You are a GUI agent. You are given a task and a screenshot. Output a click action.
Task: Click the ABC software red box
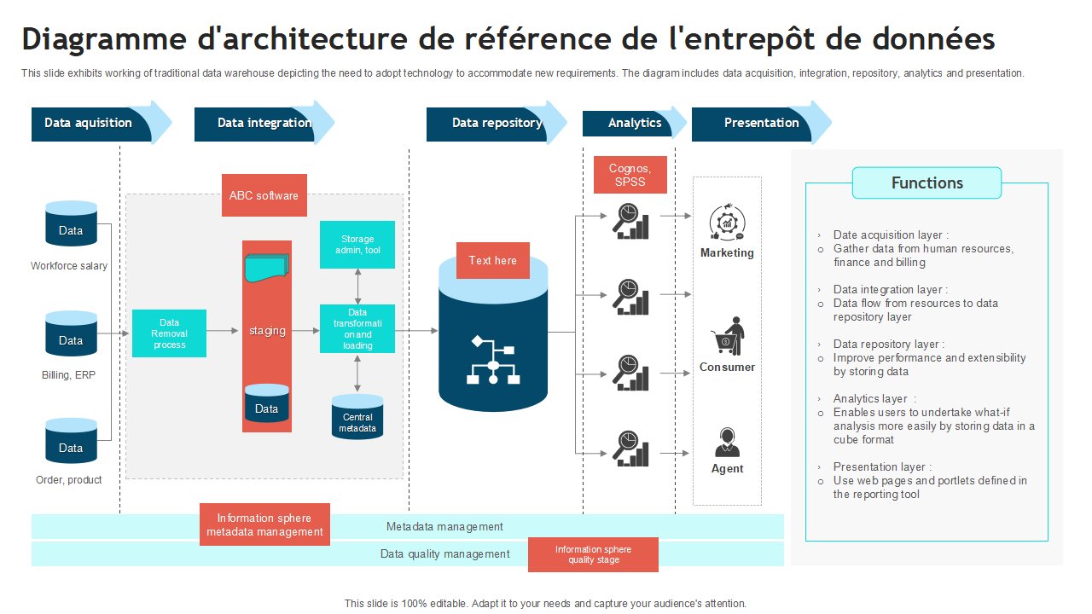(x=264, y=195)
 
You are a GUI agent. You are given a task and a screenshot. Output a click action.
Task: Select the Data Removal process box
(x=169, y=333)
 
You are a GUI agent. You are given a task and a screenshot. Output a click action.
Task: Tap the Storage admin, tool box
(x=357, y=245)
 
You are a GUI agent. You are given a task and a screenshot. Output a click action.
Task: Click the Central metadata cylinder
(x=357, y=417)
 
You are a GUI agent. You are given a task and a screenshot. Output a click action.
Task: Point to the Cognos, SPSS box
(x=630, y=175)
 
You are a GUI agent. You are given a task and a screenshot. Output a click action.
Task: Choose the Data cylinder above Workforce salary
(x=71, y=223)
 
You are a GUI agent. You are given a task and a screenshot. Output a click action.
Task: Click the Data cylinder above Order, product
(x=71, y=441)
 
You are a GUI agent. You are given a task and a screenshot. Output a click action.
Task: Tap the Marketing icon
(x=727, y=223)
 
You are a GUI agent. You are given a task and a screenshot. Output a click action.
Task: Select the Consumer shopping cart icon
(x=728, y=336)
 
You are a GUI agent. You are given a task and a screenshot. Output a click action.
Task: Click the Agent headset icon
(x=727, y=443)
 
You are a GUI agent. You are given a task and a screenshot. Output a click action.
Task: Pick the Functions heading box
(x=926, y=182)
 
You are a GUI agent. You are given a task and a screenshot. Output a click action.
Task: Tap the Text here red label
(x=493, y=261)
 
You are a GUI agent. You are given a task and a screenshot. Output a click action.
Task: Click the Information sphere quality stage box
(x=593, y=554)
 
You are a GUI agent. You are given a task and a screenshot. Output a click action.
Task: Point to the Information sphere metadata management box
(x=264, y=524)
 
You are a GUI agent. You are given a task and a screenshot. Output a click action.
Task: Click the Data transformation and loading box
(x=357, y=329)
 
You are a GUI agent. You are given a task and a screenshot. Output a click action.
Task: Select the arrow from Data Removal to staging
(x=223, y=331)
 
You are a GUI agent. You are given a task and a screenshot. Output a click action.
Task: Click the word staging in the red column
(x=267, y=331)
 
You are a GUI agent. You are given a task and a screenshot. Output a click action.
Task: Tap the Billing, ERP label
(x=69, y=374)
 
